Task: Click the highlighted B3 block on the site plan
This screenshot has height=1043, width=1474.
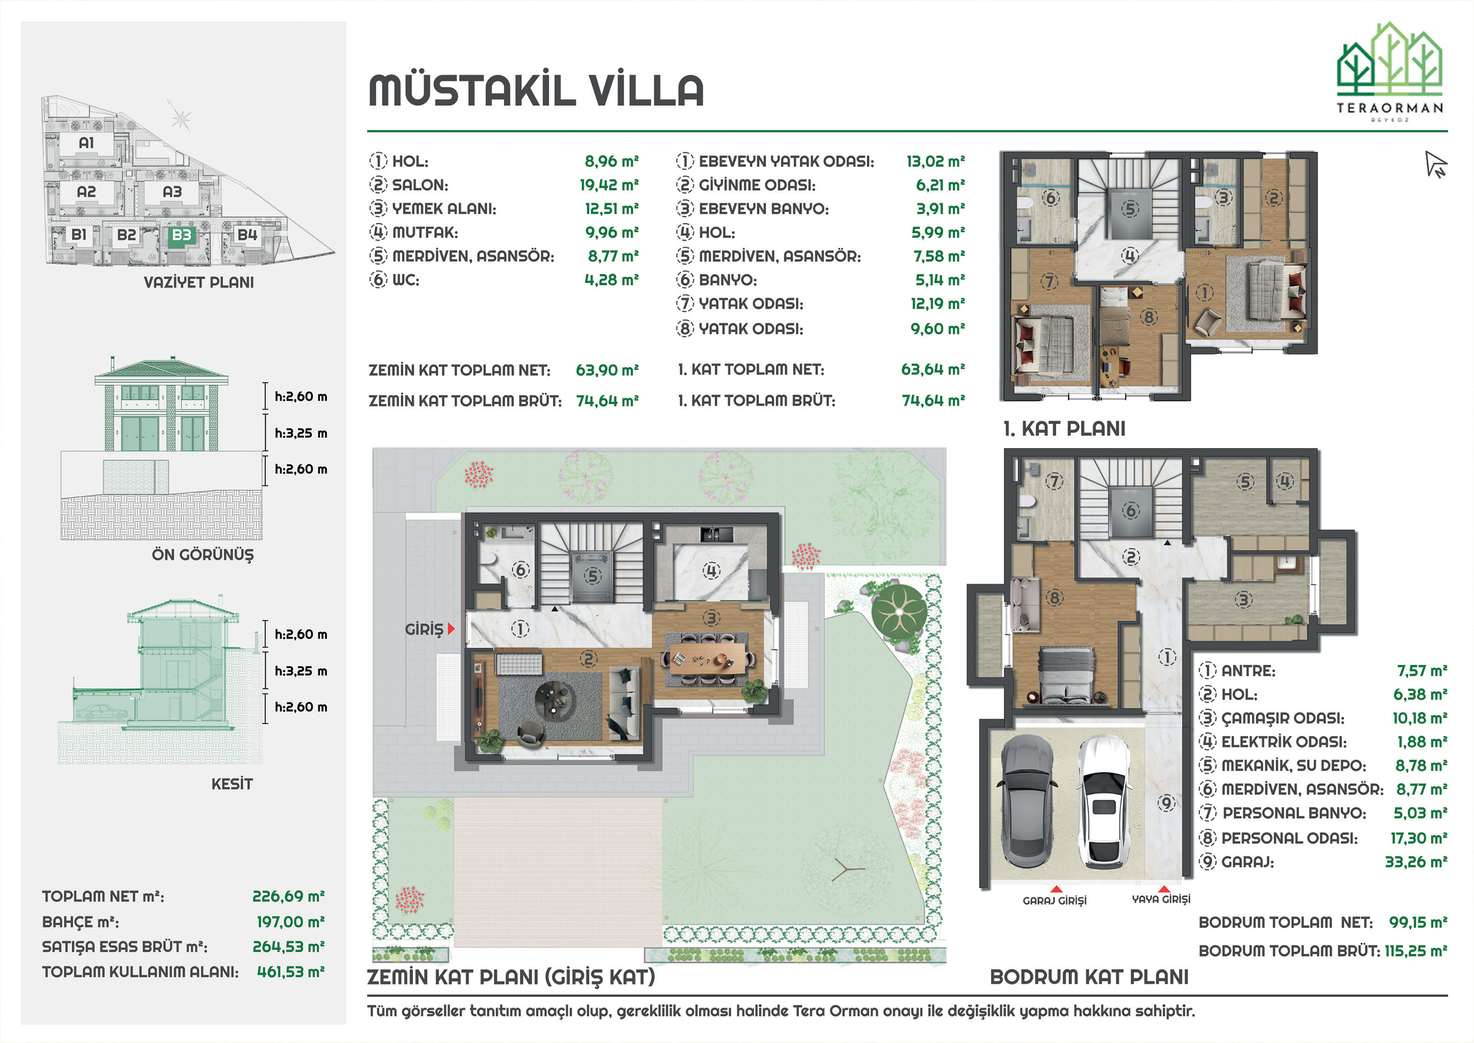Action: click(x=182, y=235)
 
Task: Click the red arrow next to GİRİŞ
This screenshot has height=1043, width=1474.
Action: click(x=451, y=629)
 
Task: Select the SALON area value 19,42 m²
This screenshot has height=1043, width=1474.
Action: click(x=609, y=185)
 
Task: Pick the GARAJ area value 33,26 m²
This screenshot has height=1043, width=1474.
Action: click(x=1416, y=862)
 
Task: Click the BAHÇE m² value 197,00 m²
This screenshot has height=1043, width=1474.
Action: click(x=290, y=922)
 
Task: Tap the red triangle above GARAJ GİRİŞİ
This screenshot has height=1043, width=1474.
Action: click(x=1055, y=889)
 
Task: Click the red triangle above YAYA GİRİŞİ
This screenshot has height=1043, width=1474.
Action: click(x=1163, y=889)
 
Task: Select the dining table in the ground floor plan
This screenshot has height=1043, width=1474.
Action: click(x=709, y=659)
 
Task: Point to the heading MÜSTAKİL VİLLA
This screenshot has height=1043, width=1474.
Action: click(x=537, y=90)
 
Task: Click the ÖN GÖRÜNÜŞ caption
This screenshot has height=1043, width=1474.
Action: click(x=202, y=554)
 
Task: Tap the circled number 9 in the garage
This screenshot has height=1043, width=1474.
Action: click(x=1166, y=802)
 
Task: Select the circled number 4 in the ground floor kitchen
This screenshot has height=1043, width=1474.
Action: click(x=711, y=570)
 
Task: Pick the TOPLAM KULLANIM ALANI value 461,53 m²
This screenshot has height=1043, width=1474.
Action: click(x=290, y=972)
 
